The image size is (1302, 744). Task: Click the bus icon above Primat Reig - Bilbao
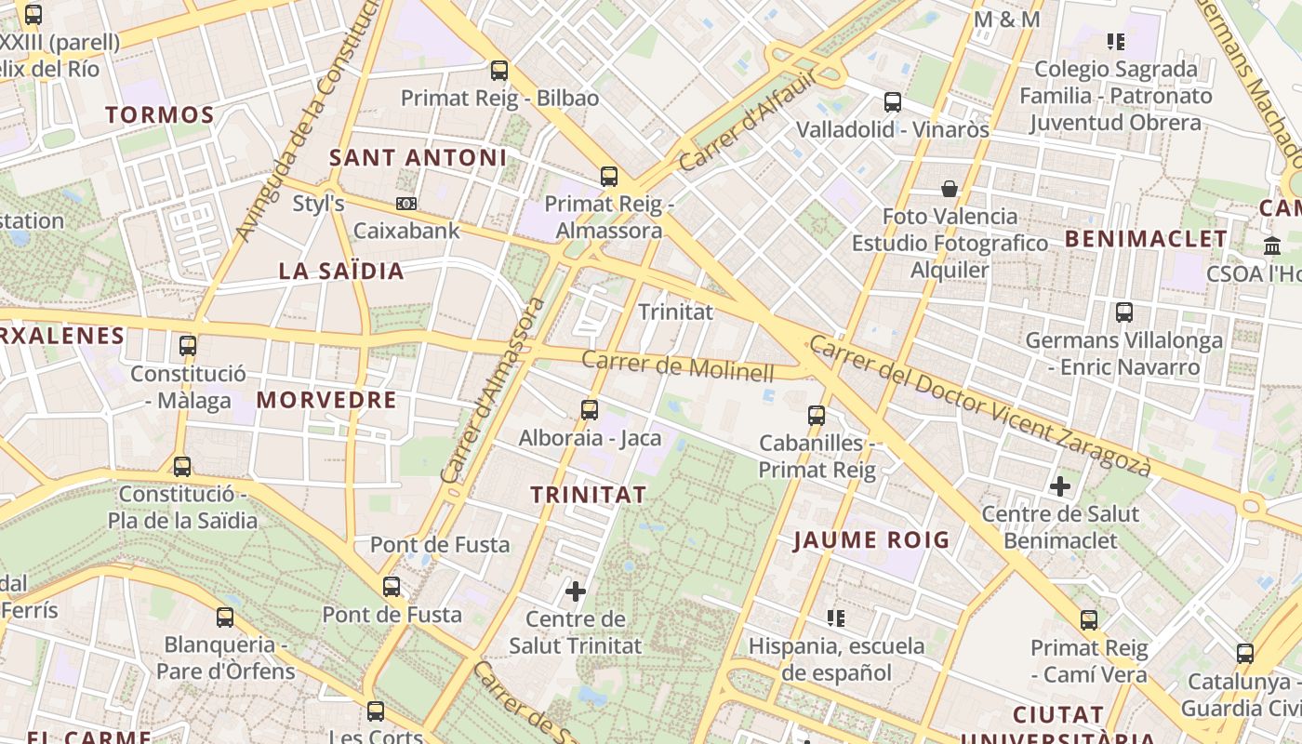pyautogui.click(x=499, y=70)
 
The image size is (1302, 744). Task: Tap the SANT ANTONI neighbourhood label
pyautogui.click(x=418, y=157)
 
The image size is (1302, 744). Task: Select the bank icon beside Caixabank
pyautogui.click(x=406, y=203)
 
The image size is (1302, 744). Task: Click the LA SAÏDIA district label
pyautogui.click(x=341, y=271)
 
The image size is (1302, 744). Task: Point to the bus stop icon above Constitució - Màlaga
pyautogui.click(x=188, y=346)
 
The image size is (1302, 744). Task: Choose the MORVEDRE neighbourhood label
pyautogui.click(x=326, y=400)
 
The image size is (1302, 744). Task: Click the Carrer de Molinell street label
pyautogui.click(x=678, y=367)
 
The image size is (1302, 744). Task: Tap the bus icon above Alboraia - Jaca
pyautogui.click(x=589, y=409)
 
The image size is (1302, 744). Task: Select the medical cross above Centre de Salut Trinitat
pyautogui.click(x=576, y=591)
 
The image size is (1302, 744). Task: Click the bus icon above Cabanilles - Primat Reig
pyautogui.click(x=817, y=415)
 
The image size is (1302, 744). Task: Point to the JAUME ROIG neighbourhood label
pyautogui.click(x=871, y=539)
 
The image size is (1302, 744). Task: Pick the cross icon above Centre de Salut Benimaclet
pyautogui.click(x=1059, y=485)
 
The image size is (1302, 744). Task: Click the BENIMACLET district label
pyautogui.click(x=1146, y=239)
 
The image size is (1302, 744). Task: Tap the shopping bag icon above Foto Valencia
pyautogui.click(x=950, y=189)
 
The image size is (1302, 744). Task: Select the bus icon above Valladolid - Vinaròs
pyautogui.click(x=893, y=101)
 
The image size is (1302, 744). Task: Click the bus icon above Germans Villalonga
pyautogui.click(x=1124, y=312)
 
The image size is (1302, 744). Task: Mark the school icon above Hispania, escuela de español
pyautogui.click(x=836, y=618)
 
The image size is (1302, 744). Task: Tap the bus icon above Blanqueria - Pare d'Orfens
pyautogui.click(x=225, y=617)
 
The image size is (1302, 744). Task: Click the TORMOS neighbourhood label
pyautogui.click(x=159, y=115)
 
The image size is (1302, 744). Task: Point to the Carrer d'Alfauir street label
pyautogui.click(x=746, y=122)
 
